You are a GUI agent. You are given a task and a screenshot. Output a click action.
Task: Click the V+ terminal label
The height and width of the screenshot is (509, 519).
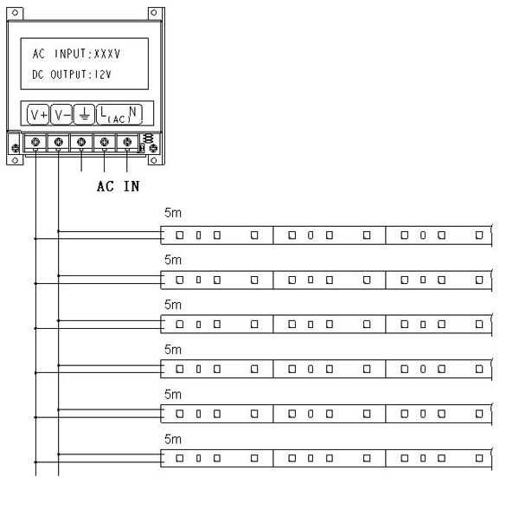pos(38,114)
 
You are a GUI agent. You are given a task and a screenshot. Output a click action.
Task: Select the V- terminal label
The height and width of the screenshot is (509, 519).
pos(61,114)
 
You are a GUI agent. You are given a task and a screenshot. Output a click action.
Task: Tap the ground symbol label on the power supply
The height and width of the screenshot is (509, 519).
pos(85,114)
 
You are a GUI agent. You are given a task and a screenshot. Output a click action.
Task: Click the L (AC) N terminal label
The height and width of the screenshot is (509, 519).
pos(119,114)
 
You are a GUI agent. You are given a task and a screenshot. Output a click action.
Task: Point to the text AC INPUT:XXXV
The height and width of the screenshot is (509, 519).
pos(76,54)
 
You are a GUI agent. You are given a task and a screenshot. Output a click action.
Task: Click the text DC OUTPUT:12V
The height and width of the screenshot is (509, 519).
pos(72,74)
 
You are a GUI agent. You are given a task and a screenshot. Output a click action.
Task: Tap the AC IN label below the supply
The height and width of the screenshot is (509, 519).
pos(119,186)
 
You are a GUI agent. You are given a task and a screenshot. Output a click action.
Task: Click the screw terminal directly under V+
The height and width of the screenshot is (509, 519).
pos(35,142)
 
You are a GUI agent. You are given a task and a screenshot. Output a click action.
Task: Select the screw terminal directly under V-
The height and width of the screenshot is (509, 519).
pos(58,142)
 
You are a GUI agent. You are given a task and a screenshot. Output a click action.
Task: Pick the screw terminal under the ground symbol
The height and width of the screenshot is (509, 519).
pos(81,142)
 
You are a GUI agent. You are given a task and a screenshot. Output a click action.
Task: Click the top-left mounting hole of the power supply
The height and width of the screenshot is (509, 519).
pos(16,13)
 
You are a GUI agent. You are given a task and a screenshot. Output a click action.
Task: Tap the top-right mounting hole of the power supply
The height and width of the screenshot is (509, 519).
pos(154,13)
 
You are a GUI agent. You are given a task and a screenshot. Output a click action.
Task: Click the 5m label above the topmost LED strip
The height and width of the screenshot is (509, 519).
pos(173,213)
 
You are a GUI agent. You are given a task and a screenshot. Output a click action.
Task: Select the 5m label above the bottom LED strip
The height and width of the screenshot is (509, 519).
pos(173,440)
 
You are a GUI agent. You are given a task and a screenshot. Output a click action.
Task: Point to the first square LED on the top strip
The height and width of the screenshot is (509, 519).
pos(180,235)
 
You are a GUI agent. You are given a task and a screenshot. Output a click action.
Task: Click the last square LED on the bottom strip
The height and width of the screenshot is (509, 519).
pos(479,458)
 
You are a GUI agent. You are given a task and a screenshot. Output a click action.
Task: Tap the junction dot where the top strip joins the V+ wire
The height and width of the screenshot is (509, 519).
pos(35,238)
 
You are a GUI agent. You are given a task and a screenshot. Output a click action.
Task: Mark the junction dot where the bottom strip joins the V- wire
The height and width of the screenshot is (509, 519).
pos(58,454)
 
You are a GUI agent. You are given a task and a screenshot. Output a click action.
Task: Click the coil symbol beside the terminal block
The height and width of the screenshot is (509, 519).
pos(149,139)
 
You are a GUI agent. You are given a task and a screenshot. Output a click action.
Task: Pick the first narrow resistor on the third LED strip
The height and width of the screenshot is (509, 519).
pos(199,325)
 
